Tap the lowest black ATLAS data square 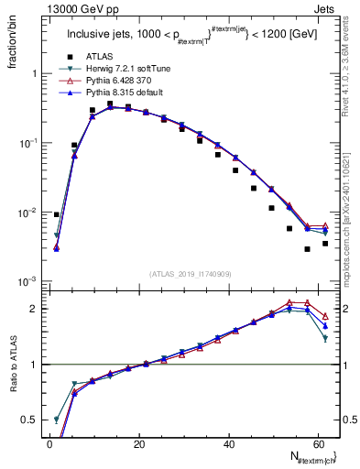(308, 249)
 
